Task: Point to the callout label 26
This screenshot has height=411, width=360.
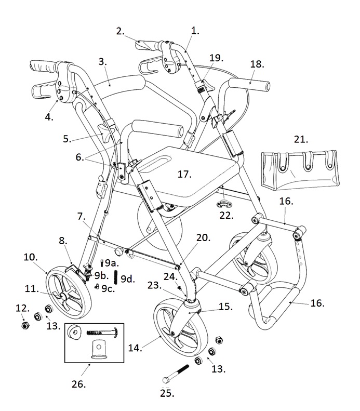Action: coord(78,385)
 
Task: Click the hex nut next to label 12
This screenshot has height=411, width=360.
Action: coord(23,325)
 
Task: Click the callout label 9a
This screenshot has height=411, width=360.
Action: coord(111,263)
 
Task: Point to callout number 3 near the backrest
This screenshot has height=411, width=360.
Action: coord(102,62)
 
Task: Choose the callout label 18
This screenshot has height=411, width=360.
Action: coord(257,64)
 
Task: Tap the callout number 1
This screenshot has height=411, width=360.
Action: coord(195,31)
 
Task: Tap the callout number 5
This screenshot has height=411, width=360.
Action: coord(67,139)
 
